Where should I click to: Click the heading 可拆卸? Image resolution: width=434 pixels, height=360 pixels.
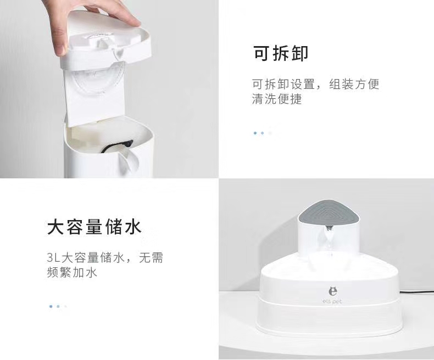pos(280,54)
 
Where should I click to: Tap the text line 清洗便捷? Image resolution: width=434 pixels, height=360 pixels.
pos(277,99)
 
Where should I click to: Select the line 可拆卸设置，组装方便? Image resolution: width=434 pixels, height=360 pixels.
pos(315,84)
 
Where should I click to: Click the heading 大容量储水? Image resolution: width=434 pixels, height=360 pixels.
pos(94,227)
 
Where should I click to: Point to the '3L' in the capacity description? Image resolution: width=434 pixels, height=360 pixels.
pos(53,257)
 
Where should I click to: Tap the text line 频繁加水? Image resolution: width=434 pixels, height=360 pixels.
pos(72,272)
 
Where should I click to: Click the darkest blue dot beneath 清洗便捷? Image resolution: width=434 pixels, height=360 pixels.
pos(255,133)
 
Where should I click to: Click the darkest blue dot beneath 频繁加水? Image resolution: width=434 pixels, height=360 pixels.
pos(51,306)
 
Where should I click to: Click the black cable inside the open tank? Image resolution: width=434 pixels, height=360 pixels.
pos(118,146)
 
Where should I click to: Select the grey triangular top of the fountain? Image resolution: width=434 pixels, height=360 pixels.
pos(329,211)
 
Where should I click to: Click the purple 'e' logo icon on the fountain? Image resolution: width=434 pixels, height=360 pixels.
pos(332,291)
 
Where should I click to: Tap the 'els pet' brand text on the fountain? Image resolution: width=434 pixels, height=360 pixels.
pos(332,301)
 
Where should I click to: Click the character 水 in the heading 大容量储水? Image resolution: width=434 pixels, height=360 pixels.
pos(132,227)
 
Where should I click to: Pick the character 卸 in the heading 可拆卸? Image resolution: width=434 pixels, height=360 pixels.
pos(299,54)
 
